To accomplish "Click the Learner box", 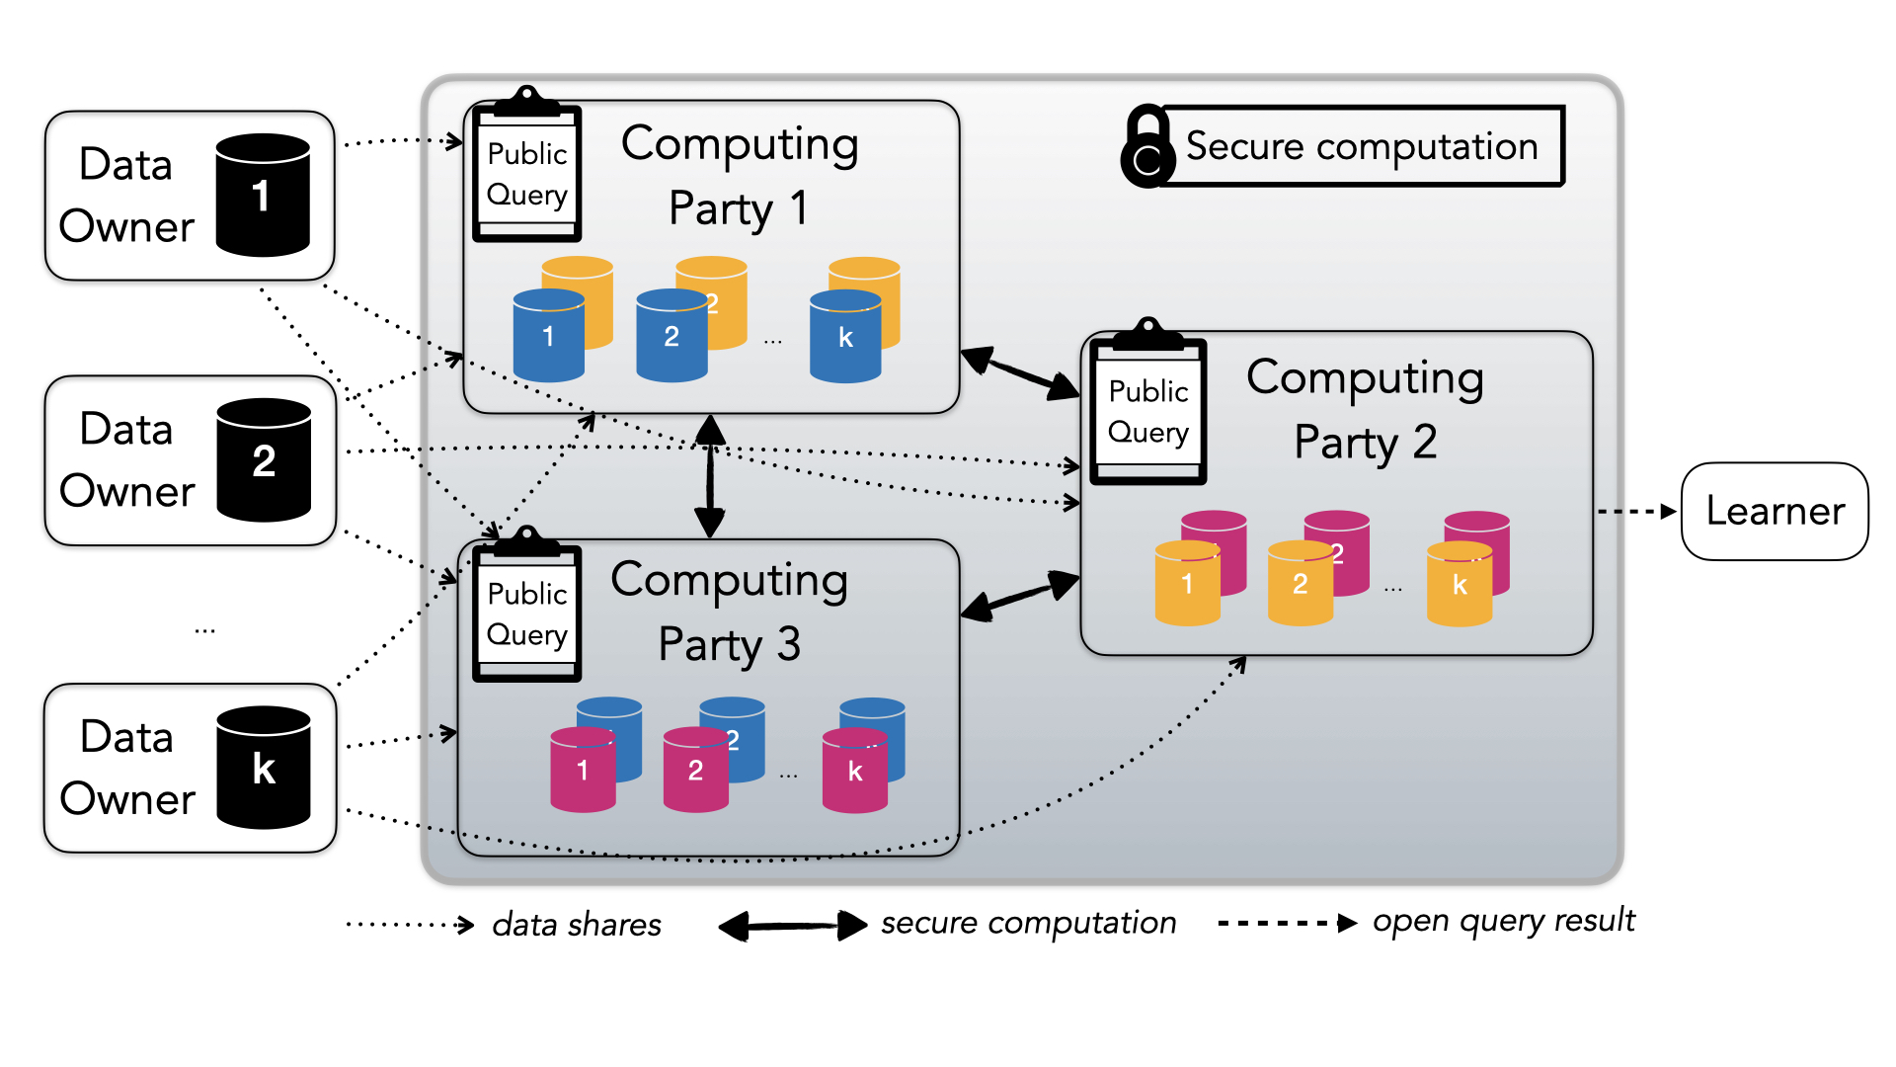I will (1775, 511).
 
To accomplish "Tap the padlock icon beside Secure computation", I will (1146, 147).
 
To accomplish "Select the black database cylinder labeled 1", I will (262, 196).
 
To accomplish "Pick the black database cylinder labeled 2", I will (263, 460).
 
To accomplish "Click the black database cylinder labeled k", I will (263, 768).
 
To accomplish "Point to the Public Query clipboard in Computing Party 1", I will (526, 168).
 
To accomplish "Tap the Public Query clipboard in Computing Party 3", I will (526, 608).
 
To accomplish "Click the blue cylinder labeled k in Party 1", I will (844, 337).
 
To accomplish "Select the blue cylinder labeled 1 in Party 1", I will (548, 337).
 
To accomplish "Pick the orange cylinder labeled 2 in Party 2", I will (1300, 584).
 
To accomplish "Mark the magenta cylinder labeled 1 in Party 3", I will (582, 770).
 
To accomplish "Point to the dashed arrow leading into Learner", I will (1636, 512).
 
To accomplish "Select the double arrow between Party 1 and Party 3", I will (710, 476).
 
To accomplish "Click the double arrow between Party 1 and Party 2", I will (1020, 373).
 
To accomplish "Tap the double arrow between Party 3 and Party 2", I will (1020, 595).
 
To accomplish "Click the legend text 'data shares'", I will (577, 925).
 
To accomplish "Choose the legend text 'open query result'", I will (1503, 921).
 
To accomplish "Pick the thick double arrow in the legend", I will (792, 926).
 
